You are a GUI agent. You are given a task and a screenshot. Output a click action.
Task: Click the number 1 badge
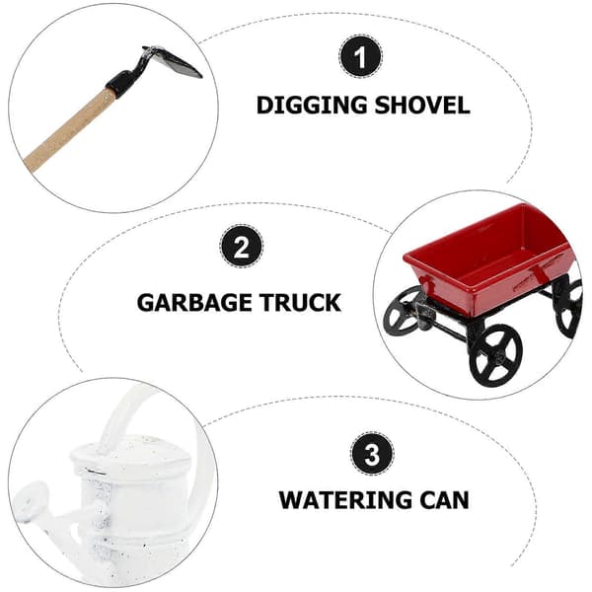[x=360, y=57]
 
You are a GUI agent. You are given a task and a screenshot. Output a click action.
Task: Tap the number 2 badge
[x=242, y=247]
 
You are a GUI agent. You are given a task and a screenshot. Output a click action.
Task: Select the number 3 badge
[x=372, y=454]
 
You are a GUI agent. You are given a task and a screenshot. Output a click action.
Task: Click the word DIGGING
[x=312, y=106]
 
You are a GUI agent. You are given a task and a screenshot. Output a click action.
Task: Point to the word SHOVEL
[x=422, y=106]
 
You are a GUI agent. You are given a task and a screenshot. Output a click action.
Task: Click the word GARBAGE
[x=195, y=303]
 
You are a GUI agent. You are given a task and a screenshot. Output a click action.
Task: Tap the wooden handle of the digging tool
[x=69, y=130]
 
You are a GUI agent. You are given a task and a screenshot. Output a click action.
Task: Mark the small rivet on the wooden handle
[x=107, y=97]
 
